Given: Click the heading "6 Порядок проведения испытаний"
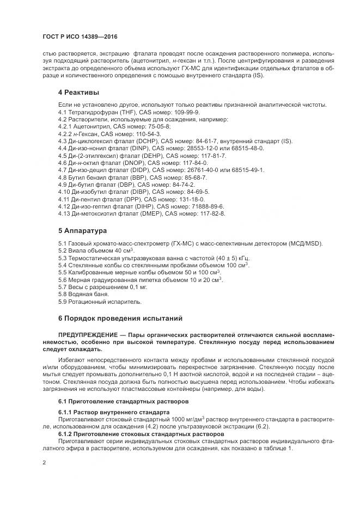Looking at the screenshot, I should coord(120,317).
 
